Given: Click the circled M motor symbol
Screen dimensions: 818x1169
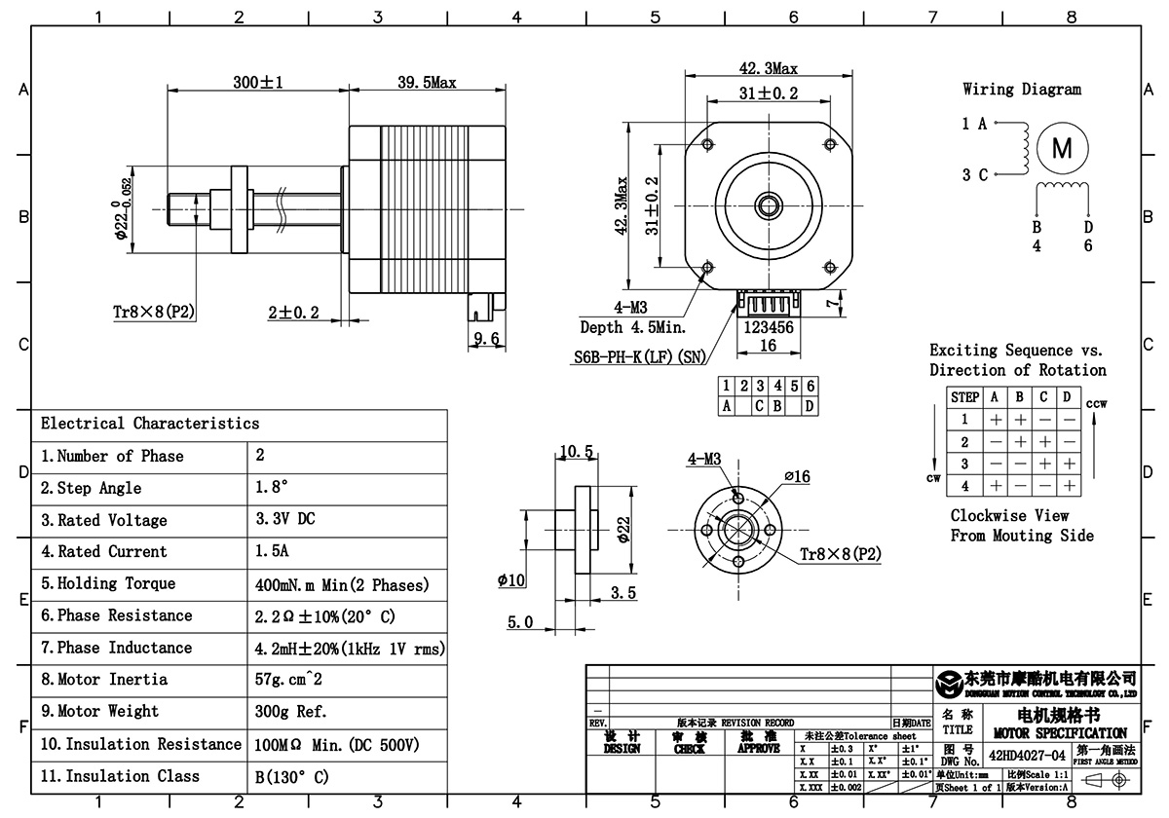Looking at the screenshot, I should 1062,148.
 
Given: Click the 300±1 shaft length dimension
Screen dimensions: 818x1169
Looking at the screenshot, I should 257,83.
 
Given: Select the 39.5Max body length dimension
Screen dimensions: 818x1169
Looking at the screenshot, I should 427,83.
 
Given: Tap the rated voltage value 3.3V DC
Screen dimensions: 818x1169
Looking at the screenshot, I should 284,520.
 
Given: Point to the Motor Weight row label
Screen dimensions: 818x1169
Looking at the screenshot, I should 104,712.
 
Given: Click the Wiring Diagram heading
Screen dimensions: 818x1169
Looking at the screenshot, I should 1021,90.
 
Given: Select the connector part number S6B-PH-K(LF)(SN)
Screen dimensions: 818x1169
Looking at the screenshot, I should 639,356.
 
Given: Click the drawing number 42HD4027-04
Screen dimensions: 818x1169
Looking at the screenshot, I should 1027,755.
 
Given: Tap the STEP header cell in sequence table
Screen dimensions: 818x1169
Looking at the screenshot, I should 964,397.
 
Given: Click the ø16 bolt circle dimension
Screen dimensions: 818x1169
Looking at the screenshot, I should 797,476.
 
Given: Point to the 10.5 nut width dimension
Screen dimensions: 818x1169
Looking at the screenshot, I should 577,451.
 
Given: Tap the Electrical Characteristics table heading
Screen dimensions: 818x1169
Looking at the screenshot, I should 150,424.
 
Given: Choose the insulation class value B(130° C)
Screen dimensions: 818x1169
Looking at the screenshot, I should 291,776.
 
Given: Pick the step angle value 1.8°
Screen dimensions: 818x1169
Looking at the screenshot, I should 272,488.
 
